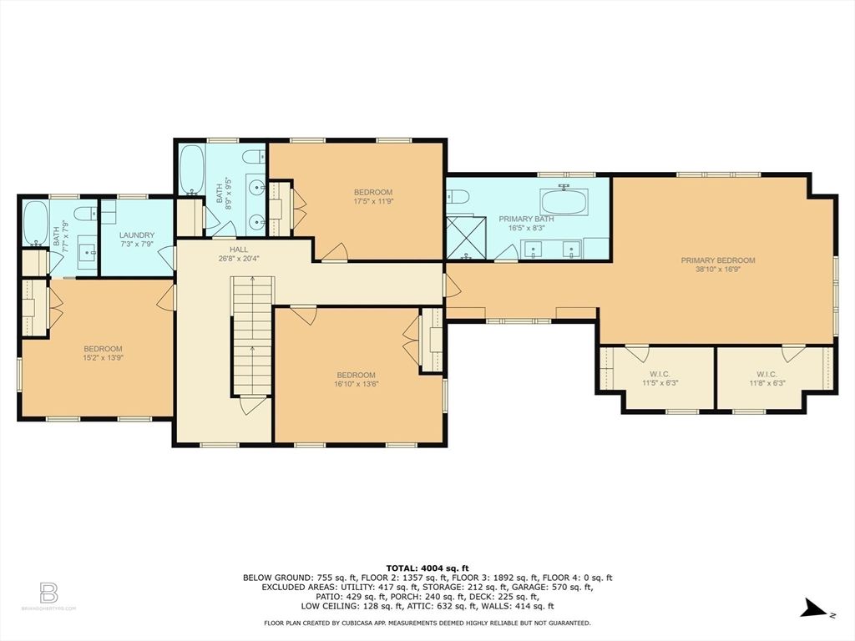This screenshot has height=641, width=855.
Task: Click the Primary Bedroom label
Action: [x=717, y=260]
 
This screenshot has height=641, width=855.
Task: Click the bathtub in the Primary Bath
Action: [x=564, y=201]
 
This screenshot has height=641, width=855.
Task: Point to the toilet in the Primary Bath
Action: [x=456, y=197]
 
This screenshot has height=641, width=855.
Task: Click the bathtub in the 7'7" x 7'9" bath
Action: [x=36, y=223]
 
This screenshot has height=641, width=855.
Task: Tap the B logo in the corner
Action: [x=48, y=593]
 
